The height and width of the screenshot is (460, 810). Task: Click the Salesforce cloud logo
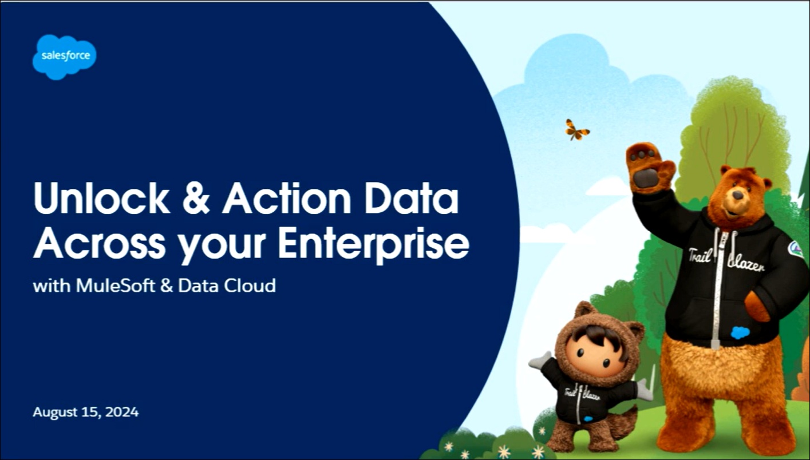tap(64, 57)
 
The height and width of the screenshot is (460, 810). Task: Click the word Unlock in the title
tap(102, 198)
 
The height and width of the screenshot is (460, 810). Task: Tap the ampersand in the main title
tap(196, 198)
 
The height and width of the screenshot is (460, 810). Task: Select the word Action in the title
tap(286, 198)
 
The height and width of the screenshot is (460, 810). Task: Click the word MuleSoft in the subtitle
tap(116, 285)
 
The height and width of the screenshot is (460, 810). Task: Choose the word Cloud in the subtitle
tap(250, 285)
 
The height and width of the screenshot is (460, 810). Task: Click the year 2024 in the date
tap(122, 412)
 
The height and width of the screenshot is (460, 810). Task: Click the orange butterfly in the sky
tap(576, 130)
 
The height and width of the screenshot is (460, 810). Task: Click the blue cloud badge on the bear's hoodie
tap(740, 332)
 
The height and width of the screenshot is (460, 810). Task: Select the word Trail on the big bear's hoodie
tap(700, 256)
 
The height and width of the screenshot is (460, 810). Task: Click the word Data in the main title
tap(412, 198)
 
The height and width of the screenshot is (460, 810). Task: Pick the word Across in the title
tap(100, 243)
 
